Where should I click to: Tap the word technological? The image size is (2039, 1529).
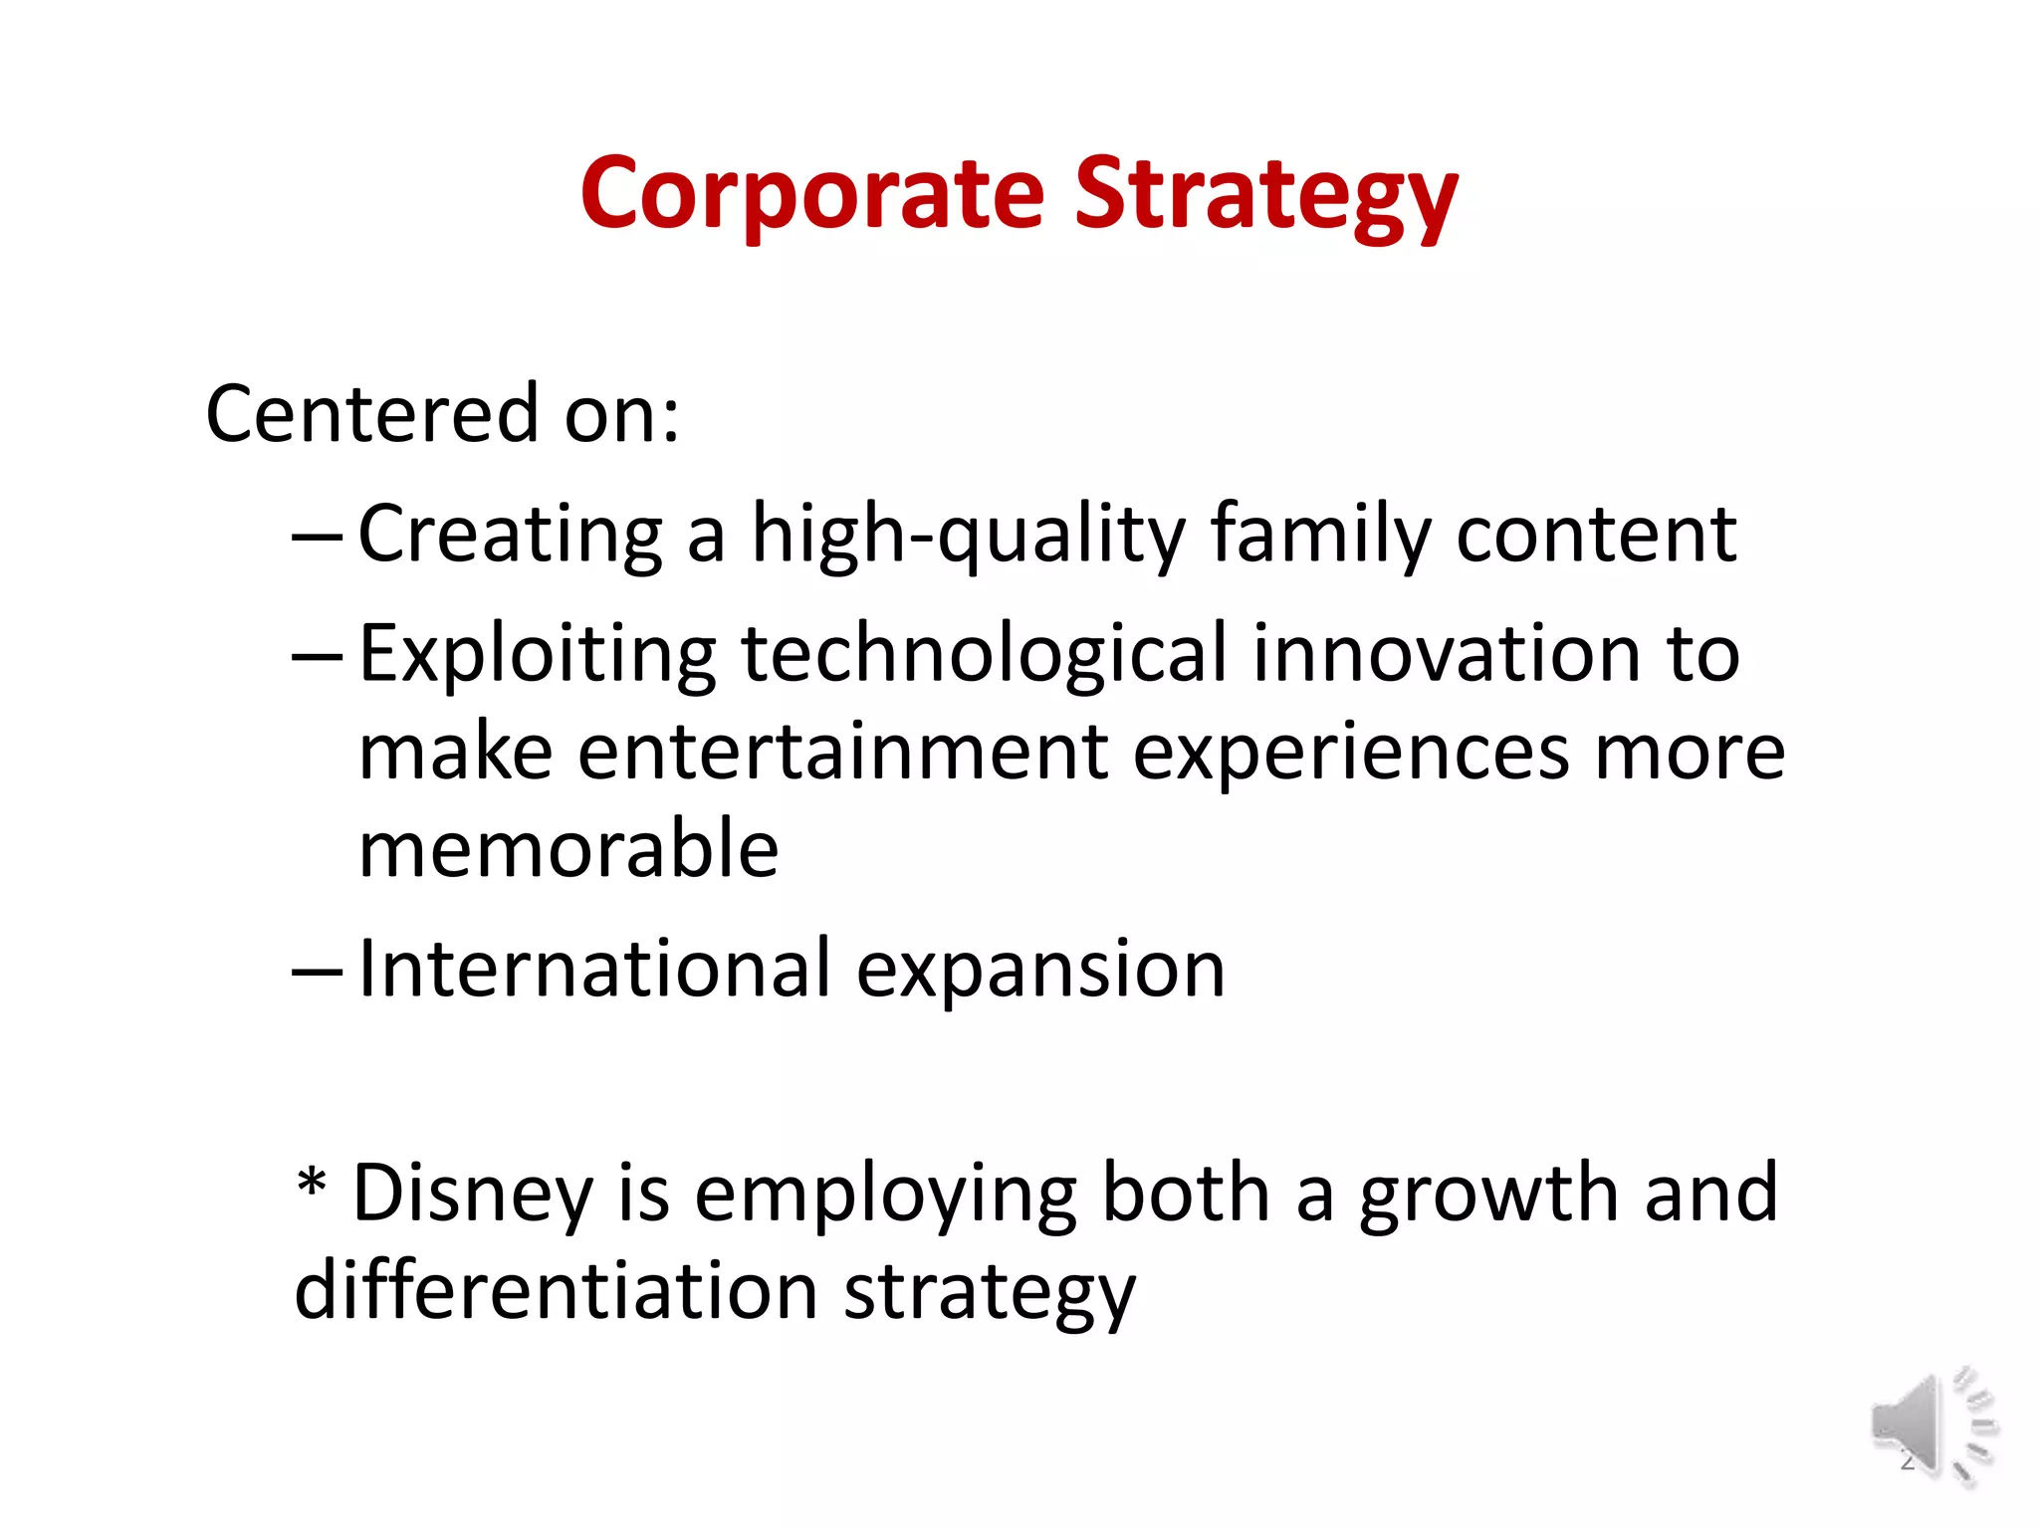click(x=984, y=654)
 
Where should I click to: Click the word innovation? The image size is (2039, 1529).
click(x=1446, y=654)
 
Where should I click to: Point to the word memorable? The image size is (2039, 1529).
click(x=568, y=849)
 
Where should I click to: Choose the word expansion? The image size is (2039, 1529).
click(x=1040, y=969)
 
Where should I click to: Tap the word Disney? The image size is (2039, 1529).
click(x=473, y=1194)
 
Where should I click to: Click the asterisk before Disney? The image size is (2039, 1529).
click(x=312, y=1185)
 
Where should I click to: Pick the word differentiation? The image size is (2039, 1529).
click(x=556, y=1291)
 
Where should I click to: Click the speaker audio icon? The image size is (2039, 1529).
click(x=1931, y=1426)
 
